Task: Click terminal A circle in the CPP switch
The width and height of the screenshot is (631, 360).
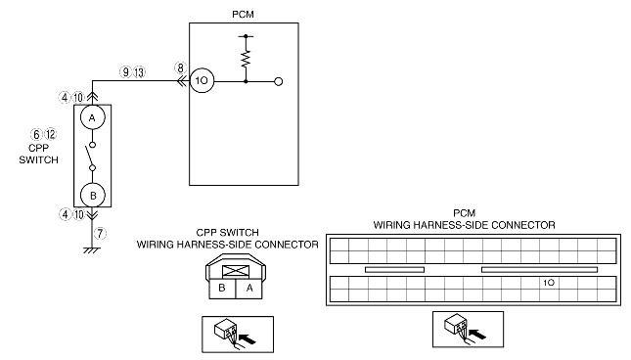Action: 93,117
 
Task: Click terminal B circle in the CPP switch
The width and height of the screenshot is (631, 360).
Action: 93,196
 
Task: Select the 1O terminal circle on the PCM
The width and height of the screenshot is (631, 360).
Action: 202,81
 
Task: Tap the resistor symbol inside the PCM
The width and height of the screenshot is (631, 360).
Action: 246,59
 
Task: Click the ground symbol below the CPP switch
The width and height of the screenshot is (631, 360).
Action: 92,250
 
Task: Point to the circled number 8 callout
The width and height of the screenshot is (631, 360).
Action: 181,67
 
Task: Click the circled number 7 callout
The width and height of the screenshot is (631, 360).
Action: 100,233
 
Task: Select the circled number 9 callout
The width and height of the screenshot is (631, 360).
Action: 126,72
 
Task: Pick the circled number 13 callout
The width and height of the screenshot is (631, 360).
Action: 139,72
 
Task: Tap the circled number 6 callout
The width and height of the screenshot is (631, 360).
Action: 36,134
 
